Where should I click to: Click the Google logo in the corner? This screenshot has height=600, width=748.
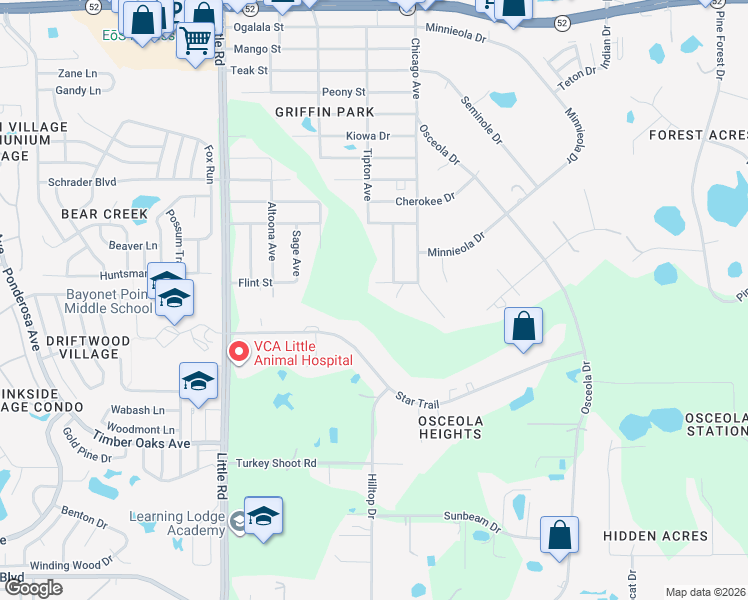(33, 588)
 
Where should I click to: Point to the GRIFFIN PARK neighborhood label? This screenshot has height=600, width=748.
(325, 113)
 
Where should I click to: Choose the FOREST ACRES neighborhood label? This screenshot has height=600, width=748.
(696, 135)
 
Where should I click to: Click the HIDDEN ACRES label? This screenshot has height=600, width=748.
(655, 536)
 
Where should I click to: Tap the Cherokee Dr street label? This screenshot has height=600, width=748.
(425, 199)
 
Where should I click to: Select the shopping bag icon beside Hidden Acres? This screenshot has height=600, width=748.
(559, 534)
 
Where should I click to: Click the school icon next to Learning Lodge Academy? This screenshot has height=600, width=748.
(263, 516)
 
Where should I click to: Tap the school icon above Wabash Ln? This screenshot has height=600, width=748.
(198, 381)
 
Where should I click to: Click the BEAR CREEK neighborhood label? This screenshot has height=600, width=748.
(104, 214)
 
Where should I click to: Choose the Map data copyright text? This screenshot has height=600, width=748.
(705, 592)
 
